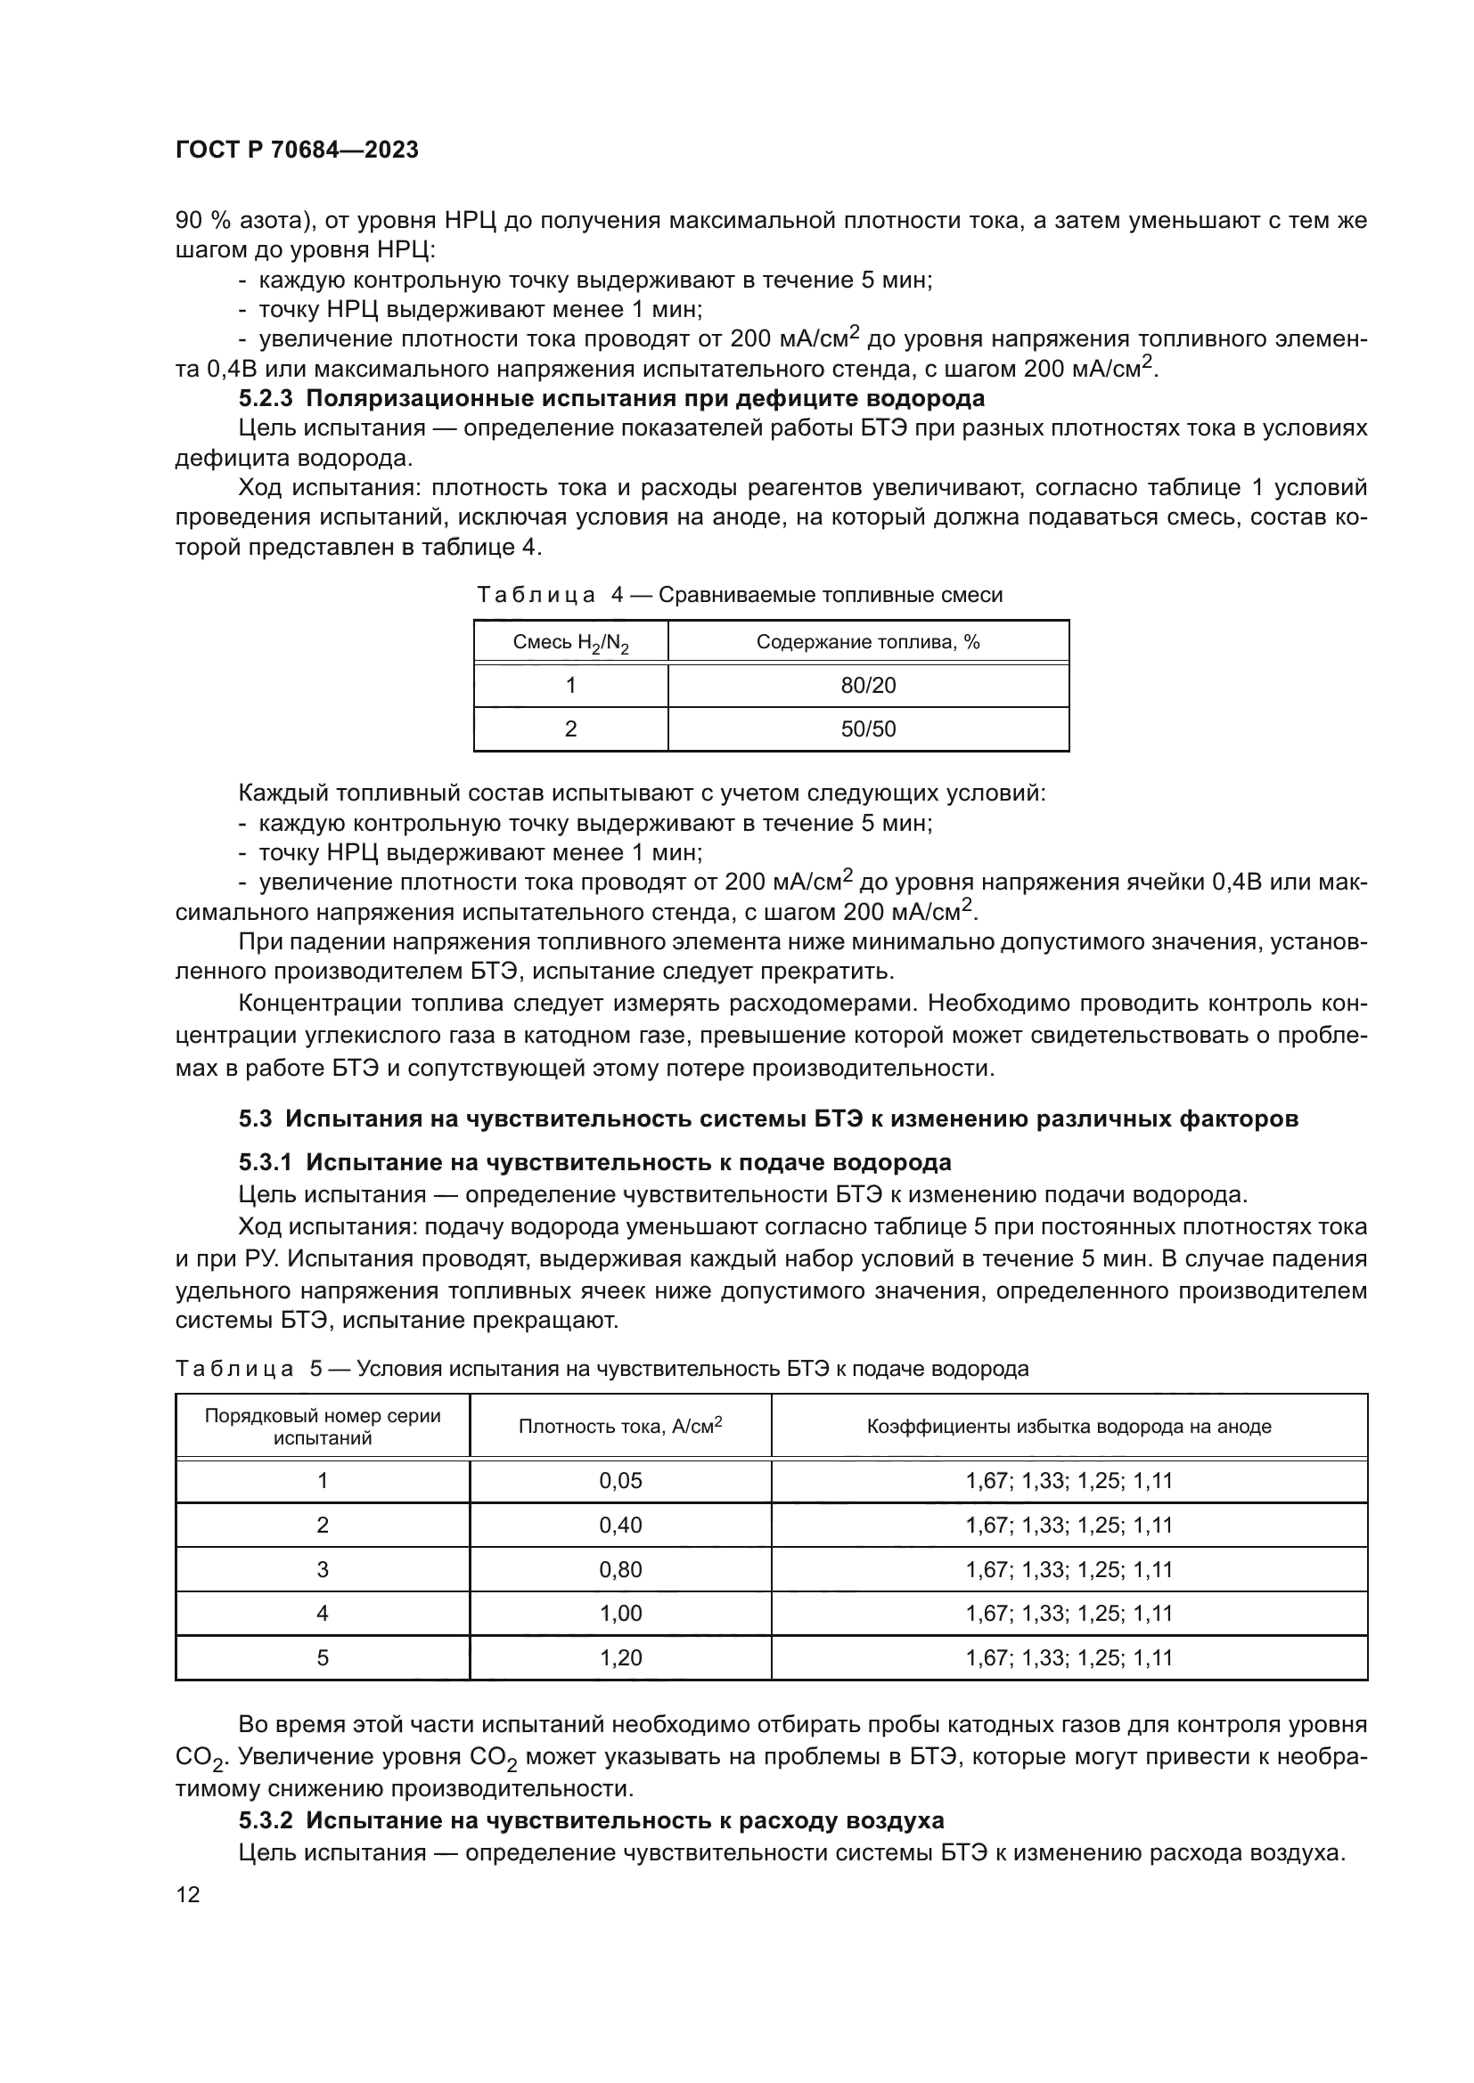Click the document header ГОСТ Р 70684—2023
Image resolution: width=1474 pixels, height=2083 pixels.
(297, 151)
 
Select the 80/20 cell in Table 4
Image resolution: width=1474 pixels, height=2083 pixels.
(868, 685)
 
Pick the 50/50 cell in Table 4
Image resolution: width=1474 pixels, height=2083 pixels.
(868, 728)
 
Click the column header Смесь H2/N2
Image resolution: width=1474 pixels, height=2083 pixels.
(570, 643)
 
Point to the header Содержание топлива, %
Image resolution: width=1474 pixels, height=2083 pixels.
(868, 642)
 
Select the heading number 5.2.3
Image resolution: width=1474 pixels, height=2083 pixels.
(266, 398)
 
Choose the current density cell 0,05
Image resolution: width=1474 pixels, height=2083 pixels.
(620, 1481)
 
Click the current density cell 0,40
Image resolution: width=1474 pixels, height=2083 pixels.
(620, 1525)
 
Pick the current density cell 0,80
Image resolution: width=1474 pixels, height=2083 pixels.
(620, 1569)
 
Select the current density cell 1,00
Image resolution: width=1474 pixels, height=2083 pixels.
(620, 1613)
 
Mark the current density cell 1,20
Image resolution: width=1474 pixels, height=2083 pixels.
(620, 1657)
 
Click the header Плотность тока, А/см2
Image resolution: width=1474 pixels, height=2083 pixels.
(620, 1426)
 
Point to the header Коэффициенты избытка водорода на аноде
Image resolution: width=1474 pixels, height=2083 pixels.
(1069, 1426)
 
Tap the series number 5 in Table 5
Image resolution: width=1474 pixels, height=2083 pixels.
(323, 1657)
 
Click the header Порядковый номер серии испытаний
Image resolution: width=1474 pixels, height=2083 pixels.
(323, 1426)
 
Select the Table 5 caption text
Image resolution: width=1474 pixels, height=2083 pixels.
(602, 1368)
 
